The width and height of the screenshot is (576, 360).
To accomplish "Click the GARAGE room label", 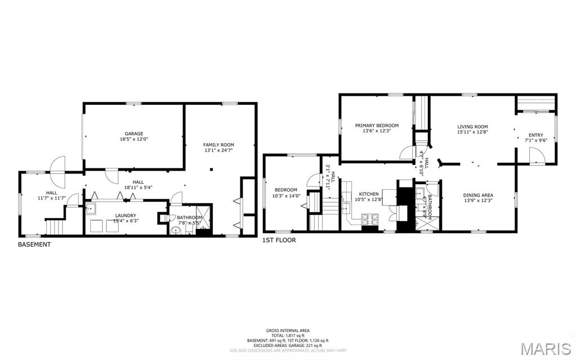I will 134,134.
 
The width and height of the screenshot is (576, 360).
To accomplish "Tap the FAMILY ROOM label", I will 218,145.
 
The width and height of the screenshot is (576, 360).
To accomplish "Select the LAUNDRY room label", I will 126,215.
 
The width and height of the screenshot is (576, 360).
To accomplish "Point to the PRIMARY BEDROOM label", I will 377,125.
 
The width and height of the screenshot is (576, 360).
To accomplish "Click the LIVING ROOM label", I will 472,127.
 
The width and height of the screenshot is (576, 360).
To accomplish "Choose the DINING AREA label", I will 478,195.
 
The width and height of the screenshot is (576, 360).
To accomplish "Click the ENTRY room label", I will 535,135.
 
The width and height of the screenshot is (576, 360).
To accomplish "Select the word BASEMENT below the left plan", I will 34,245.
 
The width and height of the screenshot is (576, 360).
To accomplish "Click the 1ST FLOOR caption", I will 279,240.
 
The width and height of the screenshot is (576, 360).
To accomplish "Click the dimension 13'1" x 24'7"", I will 218,150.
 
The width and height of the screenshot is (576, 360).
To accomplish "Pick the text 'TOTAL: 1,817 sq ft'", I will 288,335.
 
